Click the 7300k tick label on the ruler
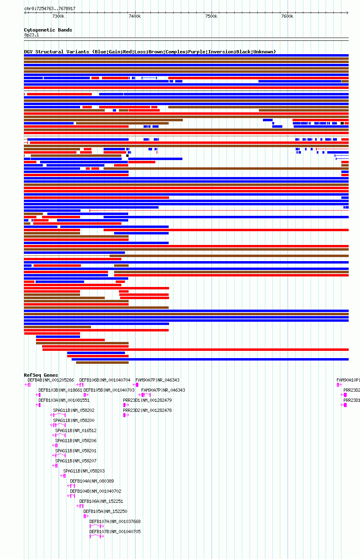coord(58,16)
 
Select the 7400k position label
coord(135,16)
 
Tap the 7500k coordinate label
coord(211,16)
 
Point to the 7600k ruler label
coord(287,16)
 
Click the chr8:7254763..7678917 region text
coord(50,8)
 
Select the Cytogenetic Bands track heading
coord(48,30)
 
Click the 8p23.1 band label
coord(32,35)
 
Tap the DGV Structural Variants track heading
coord(150,52)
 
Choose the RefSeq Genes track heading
coord(41,375)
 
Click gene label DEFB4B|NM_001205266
coord(51,380)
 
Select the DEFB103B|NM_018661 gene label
coord(60,390)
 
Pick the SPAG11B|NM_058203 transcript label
coord(84,471)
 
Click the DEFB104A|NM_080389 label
coord(92,481)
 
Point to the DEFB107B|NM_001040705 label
coord(115,532)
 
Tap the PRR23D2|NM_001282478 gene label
coord(147,410)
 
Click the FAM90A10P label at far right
coord(348,380)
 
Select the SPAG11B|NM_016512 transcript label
coord(76,430)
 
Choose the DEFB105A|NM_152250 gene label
coord(105,511)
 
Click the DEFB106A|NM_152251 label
coord(101,501)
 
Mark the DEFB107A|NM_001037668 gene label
coord(115,521)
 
